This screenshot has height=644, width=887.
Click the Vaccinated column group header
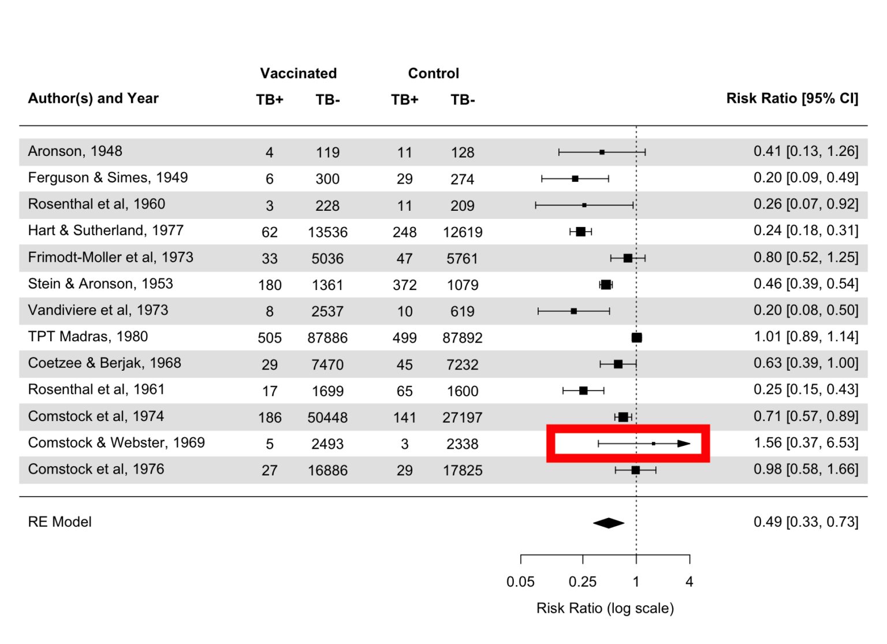tap(298, 73)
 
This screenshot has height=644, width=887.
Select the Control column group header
tap(433, 73)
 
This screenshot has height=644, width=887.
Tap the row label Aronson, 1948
tap(75, 151)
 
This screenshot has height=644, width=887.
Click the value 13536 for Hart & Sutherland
tap(327, 232)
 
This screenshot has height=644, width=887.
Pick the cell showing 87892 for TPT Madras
tap(462, 338)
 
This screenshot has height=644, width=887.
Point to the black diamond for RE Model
tap(609, 523)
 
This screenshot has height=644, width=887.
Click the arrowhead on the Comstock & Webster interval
tap(684, 444)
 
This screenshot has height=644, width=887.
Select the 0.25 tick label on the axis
tap(582, 582)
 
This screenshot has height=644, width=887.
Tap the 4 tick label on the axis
tap(689, 582)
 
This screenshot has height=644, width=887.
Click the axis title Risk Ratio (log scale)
tap(605, 608)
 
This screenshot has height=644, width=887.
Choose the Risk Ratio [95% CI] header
tap(792, 99)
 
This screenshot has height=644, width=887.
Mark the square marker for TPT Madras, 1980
tap(636, 338)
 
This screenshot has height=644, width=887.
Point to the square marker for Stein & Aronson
tap(606, 285)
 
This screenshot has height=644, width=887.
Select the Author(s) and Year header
tap(93, 99)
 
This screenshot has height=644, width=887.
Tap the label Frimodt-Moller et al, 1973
tap(110, 258)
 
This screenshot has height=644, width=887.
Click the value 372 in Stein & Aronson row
tap(404, 285)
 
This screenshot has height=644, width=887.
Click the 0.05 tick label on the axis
tap(520, 582)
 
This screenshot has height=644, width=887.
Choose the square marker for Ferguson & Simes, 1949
tap(575, 179)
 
